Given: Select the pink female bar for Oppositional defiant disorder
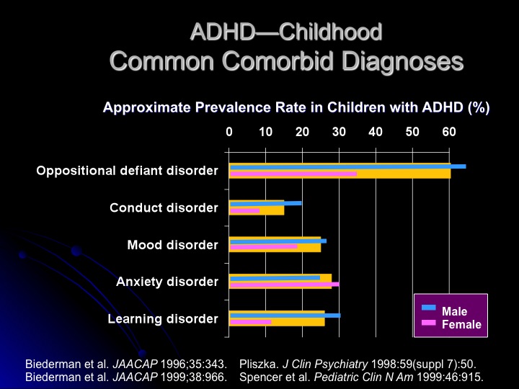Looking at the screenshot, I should pyautogui.click(x=293, y=174).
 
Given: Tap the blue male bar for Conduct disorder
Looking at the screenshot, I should pyautogui.click(x=265, y=203).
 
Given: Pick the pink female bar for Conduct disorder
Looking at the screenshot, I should pyautogui.click(x=244, y=210).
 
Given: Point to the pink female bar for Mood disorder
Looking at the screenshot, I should pyautogui.click(x=263, y=246).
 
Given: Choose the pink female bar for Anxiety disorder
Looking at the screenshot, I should pyautogui.click(x=284, y=284).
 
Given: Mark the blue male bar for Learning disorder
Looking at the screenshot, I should pyautogui.click(x=285, y=315).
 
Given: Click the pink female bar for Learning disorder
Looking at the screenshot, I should pyautogui.click(x=250, y=322).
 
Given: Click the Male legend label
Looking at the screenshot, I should pyautogui.click(x=454, y=311).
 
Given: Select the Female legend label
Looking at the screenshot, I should pyautogui.click(x=461, y=324).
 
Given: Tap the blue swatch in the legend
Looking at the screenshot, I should pyautogui.click(x=429, y=308).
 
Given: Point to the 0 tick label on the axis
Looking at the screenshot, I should pyautogui.click(x=229, y=132).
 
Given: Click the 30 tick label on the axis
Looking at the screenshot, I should pyautogui.click(x=339, y=132).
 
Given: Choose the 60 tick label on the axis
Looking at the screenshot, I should pyautogui.click(x=449, y=132).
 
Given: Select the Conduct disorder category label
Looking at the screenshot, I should pyautogui.click(x=164, y=207).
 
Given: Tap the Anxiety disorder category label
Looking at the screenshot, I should pyautogui.click(x=167, y=282).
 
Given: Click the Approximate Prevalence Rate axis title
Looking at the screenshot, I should pyautogui.click(x=296, y=108).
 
